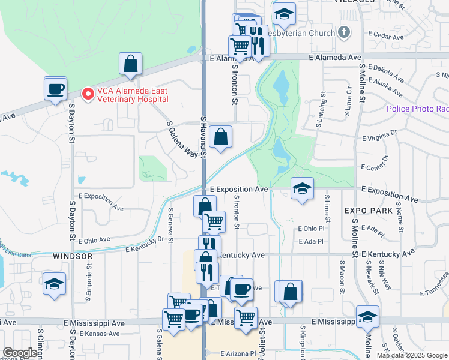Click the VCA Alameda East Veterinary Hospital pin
point(88,94)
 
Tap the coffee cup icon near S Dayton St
point(56,89)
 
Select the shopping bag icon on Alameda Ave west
point(130,65)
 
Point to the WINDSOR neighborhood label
point(73,256)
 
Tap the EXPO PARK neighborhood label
point(369,211)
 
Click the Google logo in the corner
point(20,353)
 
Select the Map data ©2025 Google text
point(412,355)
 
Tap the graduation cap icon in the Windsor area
point(54,284)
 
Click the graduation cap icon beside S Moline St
point(367,318)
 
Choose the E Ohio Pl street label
point(312,229)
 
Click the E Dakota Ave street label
point(388,73)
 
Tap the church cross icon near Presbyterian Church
point(343,32)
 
